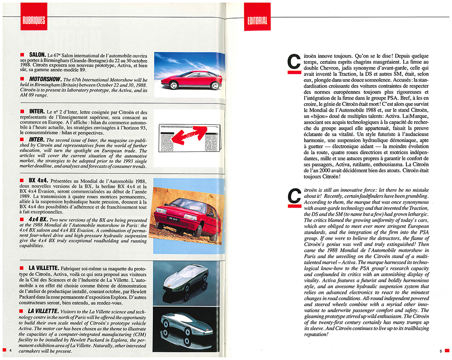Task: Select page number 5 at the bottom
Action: (440, 351)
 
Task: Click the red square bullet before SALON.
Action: (22, 56)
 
